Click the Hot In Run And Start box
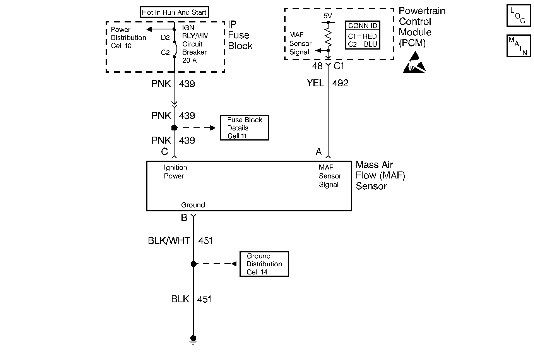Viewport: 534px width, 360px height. tap(174, 12)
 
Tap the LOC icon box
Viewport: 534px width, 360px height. tap(519, 15)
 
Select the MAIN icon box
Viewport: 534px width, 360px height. tap(519, 46)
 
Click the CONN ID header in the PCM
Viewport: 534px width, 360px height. tap(363, 26)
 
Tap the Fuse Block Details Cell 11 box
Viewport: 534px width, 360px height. tap(244, 128)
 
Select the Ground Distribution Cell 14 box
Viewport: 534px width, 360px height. tap(264, 264)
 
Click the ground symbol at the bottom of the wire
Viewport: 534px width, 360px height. tap(193, 340)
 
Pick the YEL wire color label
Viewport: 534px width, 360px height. tap(315, 83)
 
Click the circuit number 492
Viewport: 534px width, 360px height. tap(340, 83)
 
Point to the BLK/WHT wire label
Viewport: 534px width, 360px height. tap(169, 240)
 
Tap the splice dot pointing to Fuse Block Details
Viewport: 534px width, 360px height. tap(174, 128)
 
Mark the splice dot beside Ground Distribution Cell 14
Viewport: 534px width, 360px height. tap(193, 264)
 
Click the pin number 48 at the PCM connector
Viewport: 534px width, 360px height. tap(317, 66)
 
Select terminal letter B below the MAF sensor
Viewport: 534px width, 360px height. tap(184, 218)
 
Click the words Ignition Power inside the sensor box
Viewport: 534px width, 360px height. tap(175, 171)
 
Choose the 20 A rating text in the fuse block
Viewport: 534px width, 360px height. tap(190, 60)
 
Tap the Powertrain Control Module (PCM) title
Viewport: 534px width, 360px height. tap(422, 27)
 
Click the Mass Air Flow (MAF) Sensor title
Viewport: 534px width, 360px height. tap(380, 175)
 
